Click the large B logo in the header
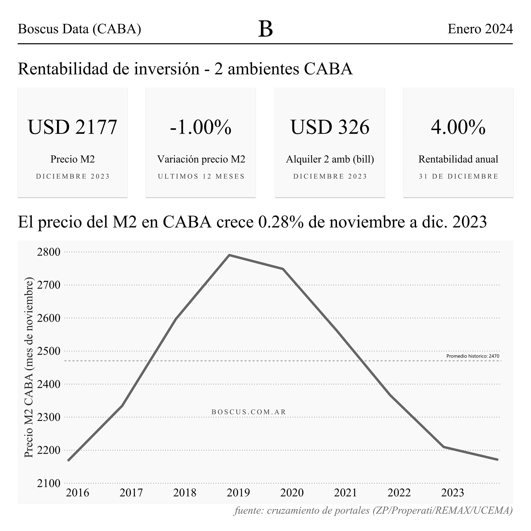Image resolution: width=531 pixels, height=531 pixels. click(x=265, y=29)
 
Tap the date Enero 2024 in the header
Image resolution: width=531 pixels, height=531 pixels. click(x=480, y=29)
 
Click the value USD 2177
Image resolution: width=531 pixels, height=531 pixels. click(x=72, y=127)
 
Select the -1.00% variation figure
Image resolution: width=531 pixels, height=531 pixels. click(x=201, y=127)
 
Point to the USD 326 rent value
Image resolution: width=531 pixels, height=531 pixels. click(x=330, y=127)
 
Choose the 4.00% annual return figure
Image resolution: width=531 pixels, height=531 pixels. click(x=458, y=127)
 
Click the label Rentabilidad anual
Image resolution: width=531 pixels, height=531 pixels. click(x=458, y=159)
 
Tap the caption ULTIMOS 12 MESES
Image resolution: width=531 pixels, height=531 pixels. click(x=201, y=176)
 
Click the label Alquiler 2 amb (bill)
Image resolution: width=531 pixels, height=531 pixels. click(x=330, y=159)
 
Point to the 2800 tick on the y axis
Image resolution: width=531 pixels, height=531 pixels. click(x=49, y=252)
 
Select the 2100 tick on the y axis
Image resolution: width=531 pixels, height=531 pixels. click(x=49, y=483)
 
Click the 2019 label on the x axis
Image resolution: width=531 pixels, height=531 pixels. click(x=238, y=493)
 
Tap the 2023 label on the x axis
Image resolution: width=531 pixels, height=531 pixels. click(x=453, y=493)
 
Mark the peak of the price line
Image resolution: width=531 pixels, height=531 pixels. click(x=229, y=255)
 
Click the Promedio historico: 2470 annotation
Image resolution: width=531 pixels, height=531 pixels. click(x=472, y=356)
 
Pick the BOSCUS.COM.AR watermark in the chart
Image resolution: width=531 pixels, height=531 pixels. click(x=249, y=412)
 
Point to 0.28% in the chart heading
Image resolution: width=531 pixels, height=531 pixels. click(x=281, y=222)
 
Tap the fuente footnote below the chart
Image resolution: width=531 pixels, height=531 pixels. click(x=373, y=510)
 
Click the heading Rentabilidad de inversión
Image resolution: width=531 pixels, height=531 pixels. click(x=109, y=69)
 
